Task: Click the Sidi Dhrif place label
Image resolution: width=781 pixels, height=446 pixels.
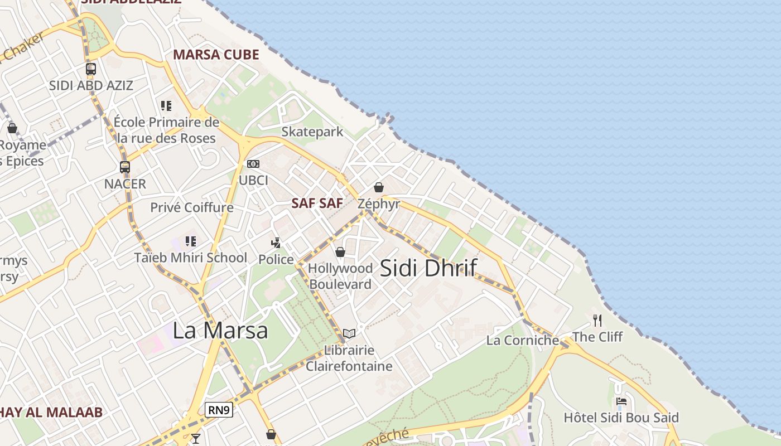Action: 428,268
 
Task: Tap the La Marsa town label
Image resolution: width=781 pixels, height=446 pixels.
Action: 220,330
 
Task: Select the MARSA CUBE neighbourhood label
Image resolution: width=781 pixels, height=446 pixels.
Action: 216,55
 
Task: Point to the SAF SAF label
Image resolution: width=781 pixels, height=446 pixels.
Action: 317,203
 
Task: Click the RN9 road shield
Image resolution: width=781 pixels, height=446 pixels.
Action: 218,410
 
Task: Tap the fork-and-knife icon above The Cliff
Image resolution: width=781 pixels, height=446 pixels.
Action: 597,320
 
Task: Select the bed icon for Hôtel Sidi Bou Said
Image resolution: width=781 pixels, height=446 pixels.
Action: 621,401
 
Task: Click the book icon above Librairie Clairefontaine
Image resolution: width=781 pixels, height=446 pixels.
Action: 349,333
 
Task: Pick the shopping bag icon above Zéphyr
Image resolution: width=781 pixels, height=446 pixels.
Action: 379,187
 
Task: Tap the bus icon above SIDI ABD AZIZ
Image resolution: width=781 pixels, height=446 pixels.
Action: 90,69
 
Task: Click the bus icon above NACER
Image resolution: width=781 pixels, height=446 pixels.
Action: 125,167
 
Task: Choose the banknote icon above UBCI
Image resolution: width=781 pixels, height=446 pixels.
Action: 253,164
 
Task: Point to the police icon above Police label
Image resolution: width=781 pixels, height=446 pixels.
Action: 276,243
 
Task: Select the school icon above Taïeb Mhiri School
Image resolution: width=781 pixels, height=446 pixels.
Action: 191,241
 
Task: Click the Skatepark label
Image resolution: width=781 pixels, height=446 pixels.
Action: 312,132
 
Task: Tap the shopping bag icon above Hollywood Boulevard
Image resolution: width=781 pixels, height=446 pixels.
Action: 340,252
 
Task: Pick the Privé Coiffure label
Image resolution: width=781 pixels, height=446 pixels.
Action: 192,207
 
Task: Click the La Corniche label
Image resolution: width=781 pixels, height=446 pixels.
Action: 523,340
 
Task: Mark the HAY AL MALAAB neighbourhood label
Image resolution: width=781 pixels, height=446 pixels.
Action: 51,413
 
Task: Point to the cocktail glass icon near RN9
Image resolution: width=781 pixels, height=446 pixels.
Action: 195,438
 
